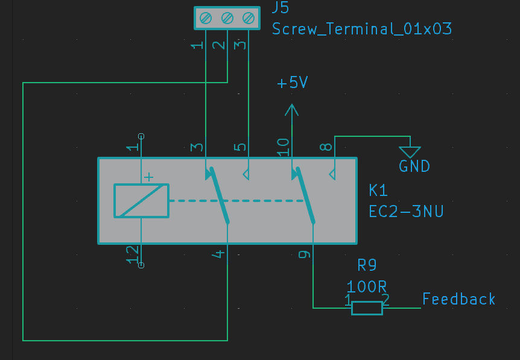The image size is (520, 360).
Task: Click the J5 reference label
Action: pos(281,8)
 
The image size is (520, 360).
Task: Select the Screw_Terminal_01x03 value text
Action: pos(361,29)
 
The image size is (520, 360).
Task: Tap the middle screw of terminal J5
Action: pos(227,19)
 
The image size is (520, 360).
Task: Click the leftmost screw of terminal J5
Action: pos(206,19)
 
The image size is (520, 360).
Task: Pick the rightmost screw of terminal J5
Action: pos(248,19)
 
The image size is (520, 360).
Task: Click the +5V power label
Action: pos(293,83)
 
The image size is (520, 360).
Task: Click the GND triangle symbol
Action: pos(410,152)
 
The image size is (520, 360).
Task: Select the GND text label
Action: pos(414,166)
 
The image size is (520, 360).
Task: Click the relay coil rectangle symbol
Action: pos(141,201)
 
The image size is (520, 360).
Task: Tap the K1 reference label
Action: pos(378,191)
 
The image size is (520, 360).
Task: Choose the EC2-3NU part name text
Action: pos(406,212)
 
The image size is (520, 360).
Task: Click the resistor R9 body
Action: pos(367,308)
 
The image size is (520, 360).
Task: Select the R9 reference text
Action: pos(367,265)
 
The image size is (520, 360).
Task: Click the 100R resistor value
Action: pos(366,286)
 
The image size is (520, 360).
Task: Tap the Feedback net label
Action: pos(458,299)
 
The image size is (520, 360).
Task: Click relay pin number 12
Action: pos(132,254)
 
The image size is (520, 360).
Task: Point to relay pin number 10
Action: pos(283,147)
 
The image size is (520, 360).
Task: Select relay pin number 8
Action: pos(325,147)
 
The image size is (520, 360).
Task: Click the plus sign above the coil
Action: pos(148,177)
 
